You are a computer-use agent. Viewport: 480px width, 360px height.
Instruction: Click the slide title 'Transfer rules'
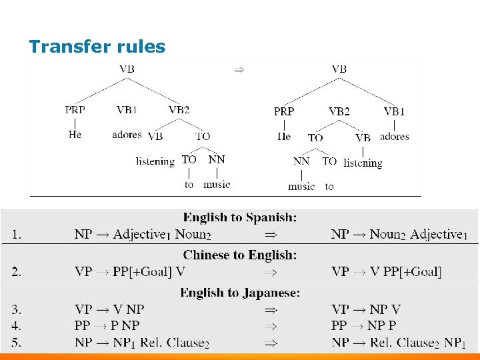point(97,47)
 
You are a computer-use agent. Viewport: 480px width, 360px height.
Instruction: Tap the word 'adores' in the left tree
point(127,135)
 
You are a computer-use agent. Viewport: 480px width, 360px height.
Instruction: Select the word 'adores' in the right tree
point(394,137)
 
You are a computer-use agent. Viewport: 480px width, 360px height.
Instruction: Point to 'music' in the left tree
point(217,184)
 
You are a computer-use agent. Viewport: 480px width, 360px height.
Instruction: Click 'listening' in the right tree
point(363,163)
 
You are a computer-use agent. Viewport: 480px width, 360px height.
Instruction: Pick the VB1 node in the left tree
point(126,109)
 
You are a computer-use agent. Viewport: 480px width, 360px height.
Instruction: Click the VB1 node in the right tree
point(394,111)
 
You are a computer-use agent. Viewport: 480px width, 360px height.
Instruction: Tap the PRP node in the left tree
point(75,109)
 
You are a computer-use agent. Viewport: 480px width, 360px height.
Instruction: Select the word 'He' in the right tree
point(284,137)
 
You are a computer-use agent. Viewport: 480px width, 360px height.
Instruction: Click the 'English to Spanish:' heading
point(240,217)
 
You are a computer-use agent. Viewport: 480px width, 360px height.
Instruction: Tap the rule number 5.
point(15,343)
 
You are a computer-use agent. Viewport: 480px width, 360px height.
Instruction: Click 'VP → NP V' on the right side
point(365,309)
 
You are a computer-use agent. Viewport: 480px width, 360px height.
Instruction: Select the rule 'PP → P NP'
point(107,326)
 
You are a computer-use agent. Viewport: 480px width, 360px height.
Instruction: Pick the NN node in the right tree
point(301,161)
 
